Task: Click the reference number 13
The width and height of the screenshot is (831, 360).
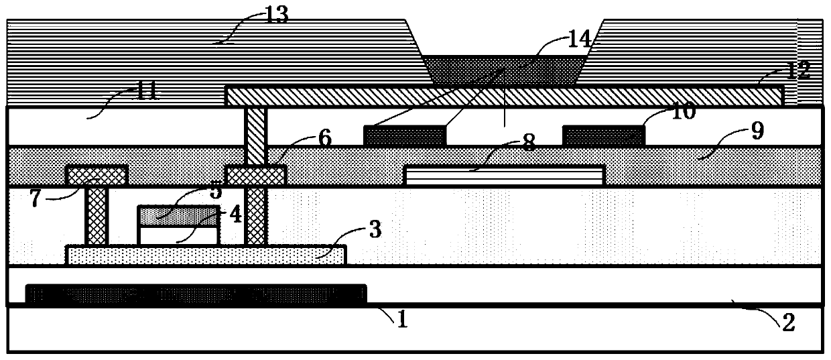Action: [276, 15]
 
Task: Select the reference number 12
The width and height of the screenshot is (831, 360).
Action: [797, 68]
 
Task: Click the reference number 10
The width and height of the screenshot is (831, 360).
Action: [683, 112]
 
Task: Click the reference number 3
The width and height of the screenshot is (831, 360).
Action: [375, 229]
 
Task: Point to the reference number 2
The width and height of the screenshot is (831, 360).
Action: [787, 323]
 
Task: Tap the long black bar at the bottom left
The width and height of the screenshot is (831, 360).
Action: [196, 294]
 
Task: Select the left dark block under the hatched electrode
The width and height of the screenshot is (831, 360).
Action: [404, 135]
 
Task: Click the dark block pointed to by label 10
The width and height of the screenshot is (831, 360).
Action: [603, 135]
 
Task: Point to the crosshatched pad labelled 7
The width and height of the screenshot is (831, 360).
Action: [96, 176]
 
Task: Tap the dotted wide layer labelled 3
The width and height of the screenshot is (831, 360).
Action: [206, 255]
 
